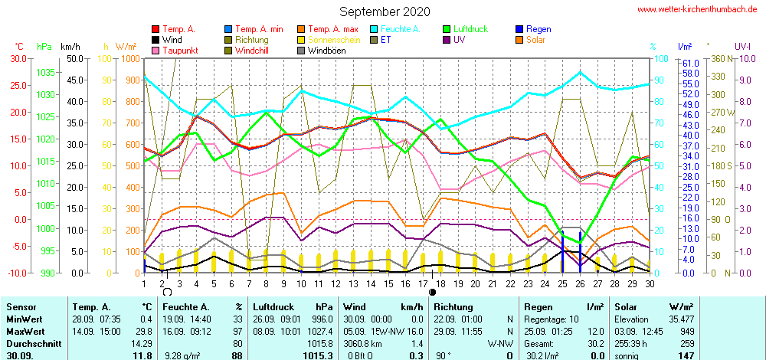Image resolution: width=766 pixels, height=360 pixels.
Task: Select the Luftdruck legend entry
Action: [470, 29]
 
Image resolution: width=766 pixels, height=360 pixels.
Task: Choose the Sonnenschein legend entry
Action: [328, 40]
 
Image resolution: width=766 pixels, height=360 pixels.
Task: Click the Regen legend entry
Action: [538, 29]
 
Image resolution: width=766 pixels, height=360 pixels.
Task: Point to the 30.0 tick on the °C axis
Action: [17, 59]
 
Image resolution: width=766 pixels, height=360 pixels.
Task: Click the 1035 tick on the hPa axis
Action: [45, 72]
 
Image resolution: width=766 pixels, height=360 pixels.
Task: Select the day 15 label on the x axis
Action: [388, 283]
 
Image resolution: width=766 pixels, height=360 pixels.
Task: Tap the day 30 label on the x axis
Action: [650, 283]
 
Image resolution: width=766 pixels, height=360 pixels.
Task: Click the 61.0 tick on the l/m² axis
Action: [689, 63]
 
